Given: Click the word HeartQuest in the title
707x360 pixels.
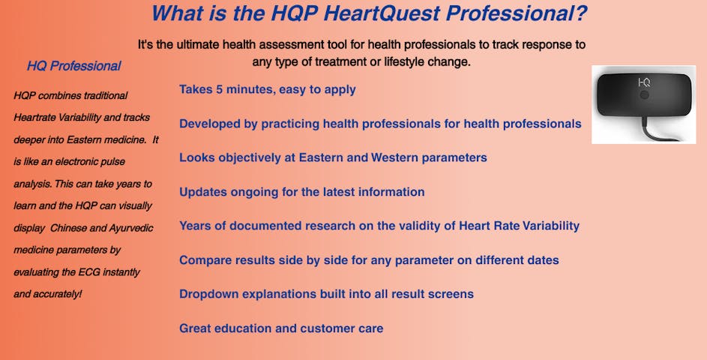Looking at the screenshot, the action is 382,13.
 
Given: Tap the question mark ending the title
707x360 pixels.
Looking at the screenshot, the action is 582,13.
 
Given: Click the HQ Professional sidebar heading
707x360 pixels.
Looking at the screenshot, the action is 74,66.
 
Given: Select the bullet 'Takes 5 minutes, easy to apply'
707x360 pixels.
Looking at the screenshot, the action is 268,90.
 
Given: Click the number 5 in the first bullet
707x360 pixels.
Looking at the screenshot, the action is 219,89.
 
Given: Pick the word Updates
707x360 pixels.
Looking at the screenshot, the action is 203,192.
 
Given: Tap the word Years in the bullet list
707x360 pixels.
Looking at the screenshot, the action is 195,226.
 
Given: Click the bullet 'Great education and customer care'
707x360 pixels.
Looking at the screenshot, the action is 281,328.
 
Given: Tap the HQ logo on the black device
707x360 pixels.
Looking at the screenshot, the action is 644,82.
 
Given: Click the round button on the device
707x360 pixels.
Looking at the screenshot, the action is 644,94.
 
